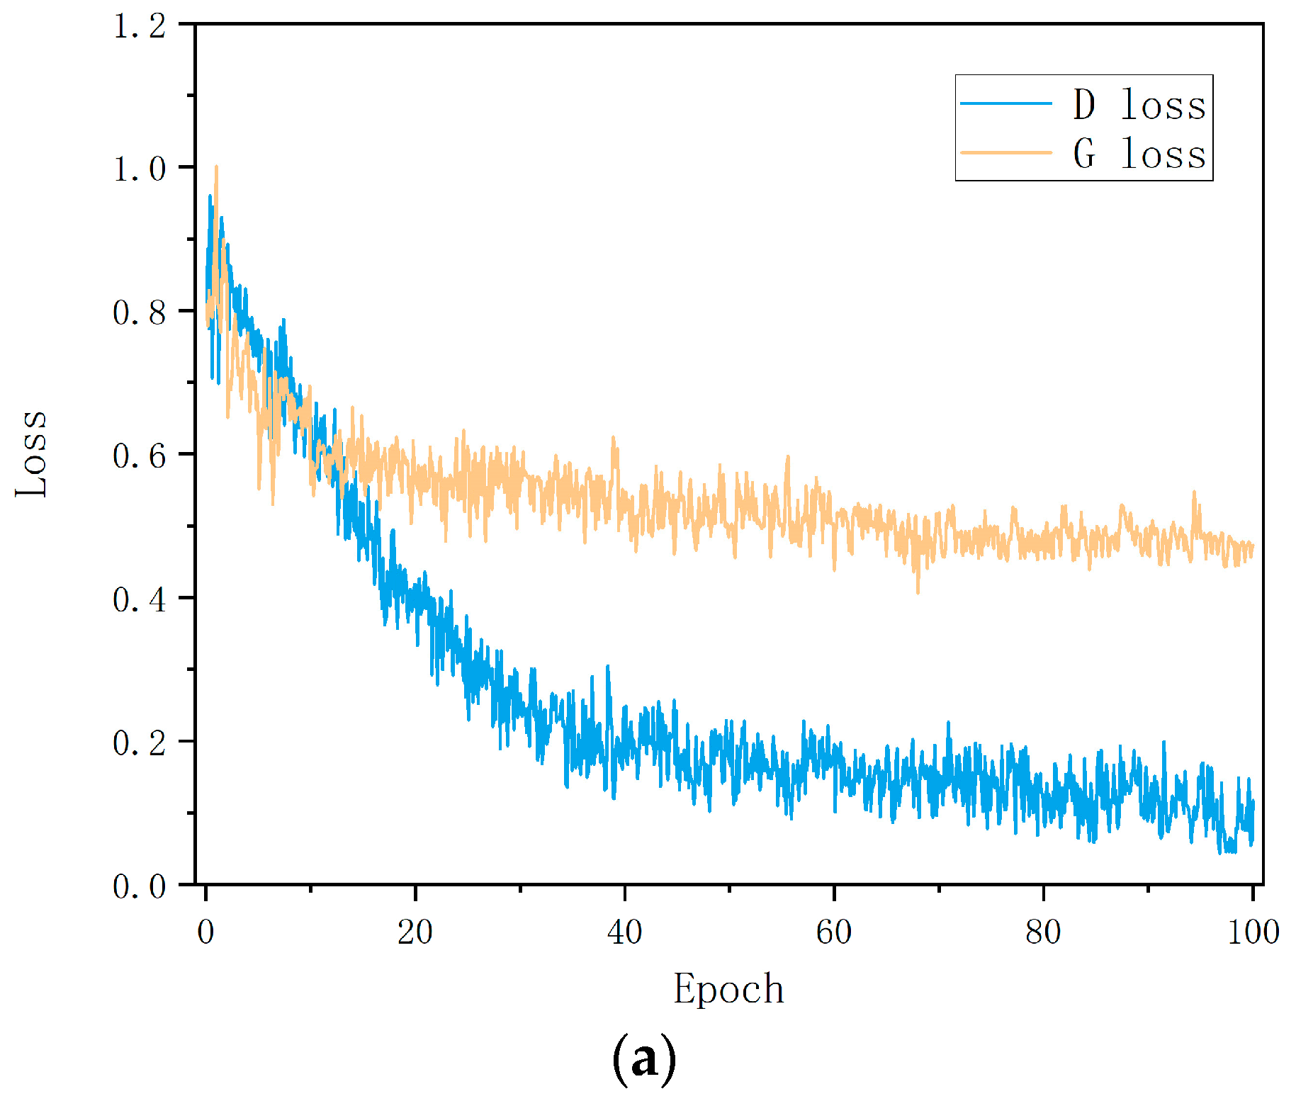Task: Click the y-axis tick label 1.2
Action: click(140, 27)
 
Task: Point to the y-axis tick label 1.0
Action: click(140, 170)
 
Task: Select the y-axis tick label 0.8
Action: click(140, 313)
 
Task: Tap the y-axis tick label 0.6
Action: click(140, 456)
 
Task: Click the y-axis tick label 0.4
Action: click(140, 600)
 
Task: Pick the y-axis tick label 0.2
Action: click(140, 743)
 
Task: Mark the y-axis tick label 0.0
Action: click(140, 886)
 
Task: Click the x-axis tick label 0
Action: click(205, 932)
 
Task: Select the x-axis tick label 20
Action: click(415, 932)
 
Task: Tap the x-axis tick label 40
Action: click(624, 932)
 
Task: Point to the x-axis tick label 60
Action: click(833, 932)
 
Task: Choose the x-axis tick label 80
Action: click(1043, 932)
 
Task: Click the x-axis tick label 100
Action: click(1253, 932)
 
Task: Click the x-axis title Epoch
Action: click(728, 990)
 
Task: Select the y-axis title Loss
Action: click(32, 453)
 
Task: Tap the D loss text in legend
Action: click(1139, 105)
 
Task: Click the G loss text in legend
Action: click(1139, 154)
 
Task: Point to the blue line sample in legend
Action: click(1006, 103)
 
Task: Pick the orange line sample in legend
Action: click(1006, 152)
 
